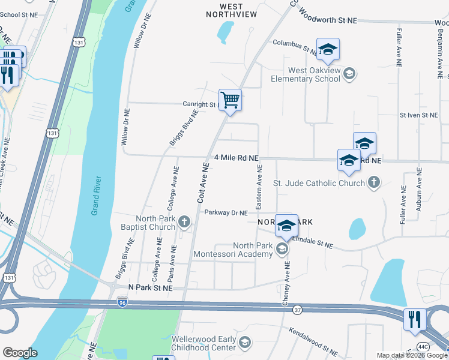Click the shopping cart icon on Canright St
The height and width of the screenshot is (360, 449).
(x=230, y=100)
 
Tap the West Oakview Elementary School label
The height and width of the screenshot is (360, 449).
(x=305, y=74)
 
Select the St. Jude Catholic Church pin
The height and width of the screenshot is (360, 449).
(x=373, y=182)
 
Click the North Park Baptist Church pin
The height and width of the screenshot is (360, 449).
(x=185, y=223)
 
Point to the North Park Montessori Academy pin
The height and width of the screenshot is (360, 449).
(x=282, y=249)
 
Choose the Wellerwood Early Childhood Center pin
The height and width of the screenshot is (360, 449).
(x=244, y=343)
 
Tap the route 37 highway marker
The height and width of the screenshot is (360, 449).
(x=298, y=310)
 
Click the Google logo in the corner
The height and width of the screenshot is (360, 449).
(x=20, y=353)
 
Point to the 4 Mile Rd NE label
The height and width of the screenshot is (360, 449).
(x=236, y=158)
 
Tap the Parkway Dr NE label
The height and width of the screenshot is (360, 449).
(x=226, y=212)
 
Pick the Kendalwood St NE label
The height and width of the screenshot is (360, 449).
(x=314, y=340)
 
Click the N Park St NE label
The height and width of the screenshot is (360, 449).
(x=150, y=289)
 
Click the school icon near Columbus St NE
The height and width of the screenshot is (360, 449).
(x=328, y=50)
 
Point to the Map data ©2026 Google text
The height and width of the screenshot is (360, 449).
(x=411, y=355)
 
